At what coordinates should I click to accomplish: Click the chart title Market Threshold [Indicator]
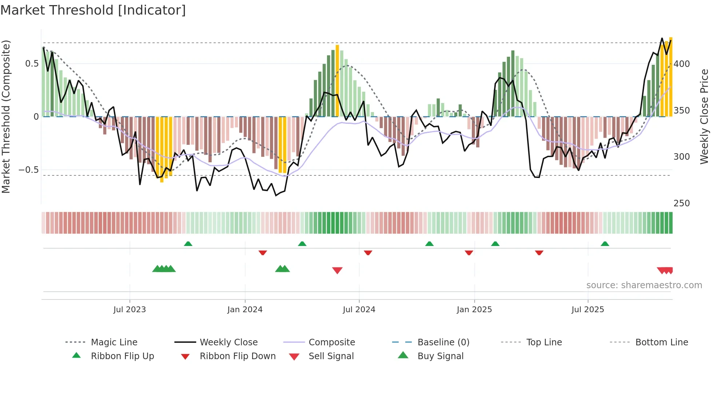[93, 10]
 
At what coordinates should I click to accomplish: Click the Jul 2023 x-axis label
[130, 310]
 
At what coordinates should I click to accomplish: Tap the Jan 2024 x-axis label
[245, 310]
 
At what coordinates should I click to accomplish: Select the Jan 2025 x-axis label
[474, 310]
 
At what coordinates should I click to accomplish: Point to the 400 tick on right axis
[682, 64]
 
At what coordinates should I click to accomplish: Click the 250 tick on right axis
[682, 203]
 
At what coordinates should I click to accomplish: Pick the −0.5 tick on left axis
[28, 170]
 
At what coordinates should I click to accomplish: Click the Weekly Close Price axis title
[704, 116]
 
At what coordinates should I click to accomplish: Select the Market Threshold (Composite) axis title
[6, 116]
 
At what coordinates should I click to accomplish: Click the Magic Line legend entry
[114, 342]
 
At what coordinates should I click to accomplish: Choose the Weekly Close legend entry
[228, 342]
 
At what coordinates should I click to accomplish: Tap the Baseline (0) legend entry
[443, 342]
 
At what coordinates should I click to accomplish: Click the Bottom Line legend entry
[661, 342]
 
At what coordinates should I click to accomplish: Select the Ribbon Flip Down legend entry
[238, 356]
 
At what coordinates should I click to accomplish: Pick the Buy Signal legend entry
[440, 356]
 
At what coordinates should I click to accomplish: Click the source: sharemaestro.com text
[644, 285]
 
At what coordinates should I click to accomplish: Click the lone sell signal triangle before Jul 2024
[337, 270]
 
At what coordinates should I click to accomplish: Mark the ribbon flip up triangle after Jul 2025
[605, 244]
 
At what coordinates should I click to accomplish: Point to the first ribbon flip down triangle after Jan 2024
[263, 253]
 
